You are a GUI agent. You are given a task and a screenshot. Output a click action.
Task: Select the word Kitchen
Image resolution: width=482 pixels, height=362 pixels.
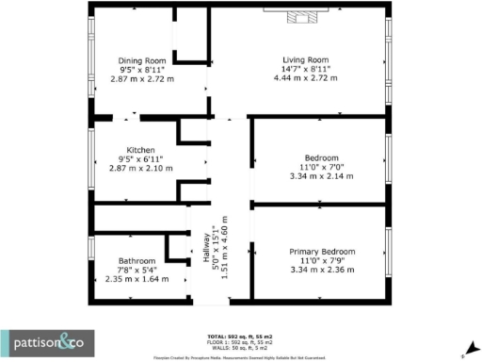click(141, 149)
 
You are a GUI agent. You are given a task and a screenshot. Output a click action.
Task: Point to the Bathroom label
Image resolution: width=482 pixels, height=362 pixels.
click(137, 260)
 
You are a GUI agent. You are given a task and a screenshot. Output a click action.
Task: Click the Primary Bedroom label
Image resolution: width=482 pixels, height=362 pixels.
click(322, 252)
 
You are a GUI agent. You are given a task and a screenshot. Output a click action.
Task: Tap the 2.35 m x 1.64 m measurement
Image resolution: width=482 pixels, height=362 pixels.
click(137, 279)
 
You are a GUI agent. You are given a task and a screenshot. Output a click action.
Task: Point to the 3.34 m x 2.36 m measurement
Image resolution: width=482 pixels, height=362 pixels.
click(322, 271)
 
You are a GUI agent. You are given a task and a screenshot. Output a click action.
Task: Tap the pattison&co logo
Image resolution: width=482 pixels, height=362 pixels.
click(42, 341)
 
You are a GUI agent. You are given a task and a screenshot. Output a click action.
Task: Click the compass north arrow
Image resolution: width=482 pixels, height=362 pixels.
click(463, 348)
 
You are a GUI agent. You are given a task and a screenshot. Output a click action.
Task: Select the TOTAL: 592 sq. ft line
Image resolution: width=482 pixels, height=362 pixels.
click(240, 337)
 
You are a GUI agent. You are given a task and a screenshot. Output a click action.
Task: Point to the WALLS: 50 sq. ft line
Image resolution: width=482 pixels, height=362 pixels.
click(240, 346)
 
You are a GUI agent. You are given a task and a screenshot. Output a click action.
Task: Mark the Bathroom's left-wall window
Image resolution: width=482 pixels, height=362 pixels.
click(91, 258)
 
